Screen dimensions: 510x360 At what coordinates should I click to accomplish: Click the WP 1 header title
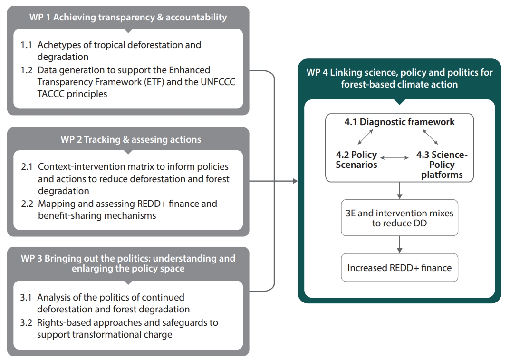click(128, 17)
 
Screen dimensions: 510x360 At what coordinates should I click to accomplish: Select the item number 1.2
click(27, 70)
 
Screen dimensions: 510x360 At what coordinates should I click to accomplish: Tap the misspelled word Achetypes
click(60, 45)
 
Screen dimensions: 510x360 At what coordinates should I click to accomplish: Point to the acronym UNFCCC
click(218, 82)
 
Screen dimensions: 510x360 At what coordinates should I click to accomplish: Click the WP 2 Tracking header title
click(131, 139)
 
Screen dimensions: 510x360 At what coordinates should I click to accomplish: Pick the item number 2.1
click(27, 166)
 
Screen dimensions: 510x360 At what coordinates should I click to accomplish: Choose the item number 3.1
click(26, 298)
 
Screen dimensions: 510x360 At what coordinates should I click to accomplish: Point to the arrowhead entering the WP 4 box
click(295, 181)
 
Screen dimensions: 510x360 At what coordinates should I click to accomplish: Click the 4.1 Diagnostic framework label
click(399, 122)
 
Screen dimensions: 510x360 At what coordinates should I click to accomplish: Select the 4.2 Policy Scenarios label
click(356, 159)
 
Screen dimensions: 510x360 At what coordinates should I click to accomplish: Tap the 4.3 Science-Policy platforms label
click(442, 165)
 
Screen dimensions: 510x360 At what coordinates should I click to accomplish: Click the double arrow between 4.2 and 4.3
click(395, 158)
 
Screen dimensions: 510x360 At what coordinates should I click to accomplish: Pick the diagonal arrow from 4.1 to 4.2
click(365, 136)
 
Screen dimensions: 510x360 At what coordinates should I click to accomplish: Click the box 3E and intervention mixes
click(399, 218)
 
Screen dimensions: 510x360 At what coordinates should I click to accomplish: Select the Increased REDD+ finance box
click(399, 268)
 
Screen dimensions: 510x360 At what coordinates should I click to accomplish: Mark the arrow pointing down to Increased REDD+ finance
click(399, 244)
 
